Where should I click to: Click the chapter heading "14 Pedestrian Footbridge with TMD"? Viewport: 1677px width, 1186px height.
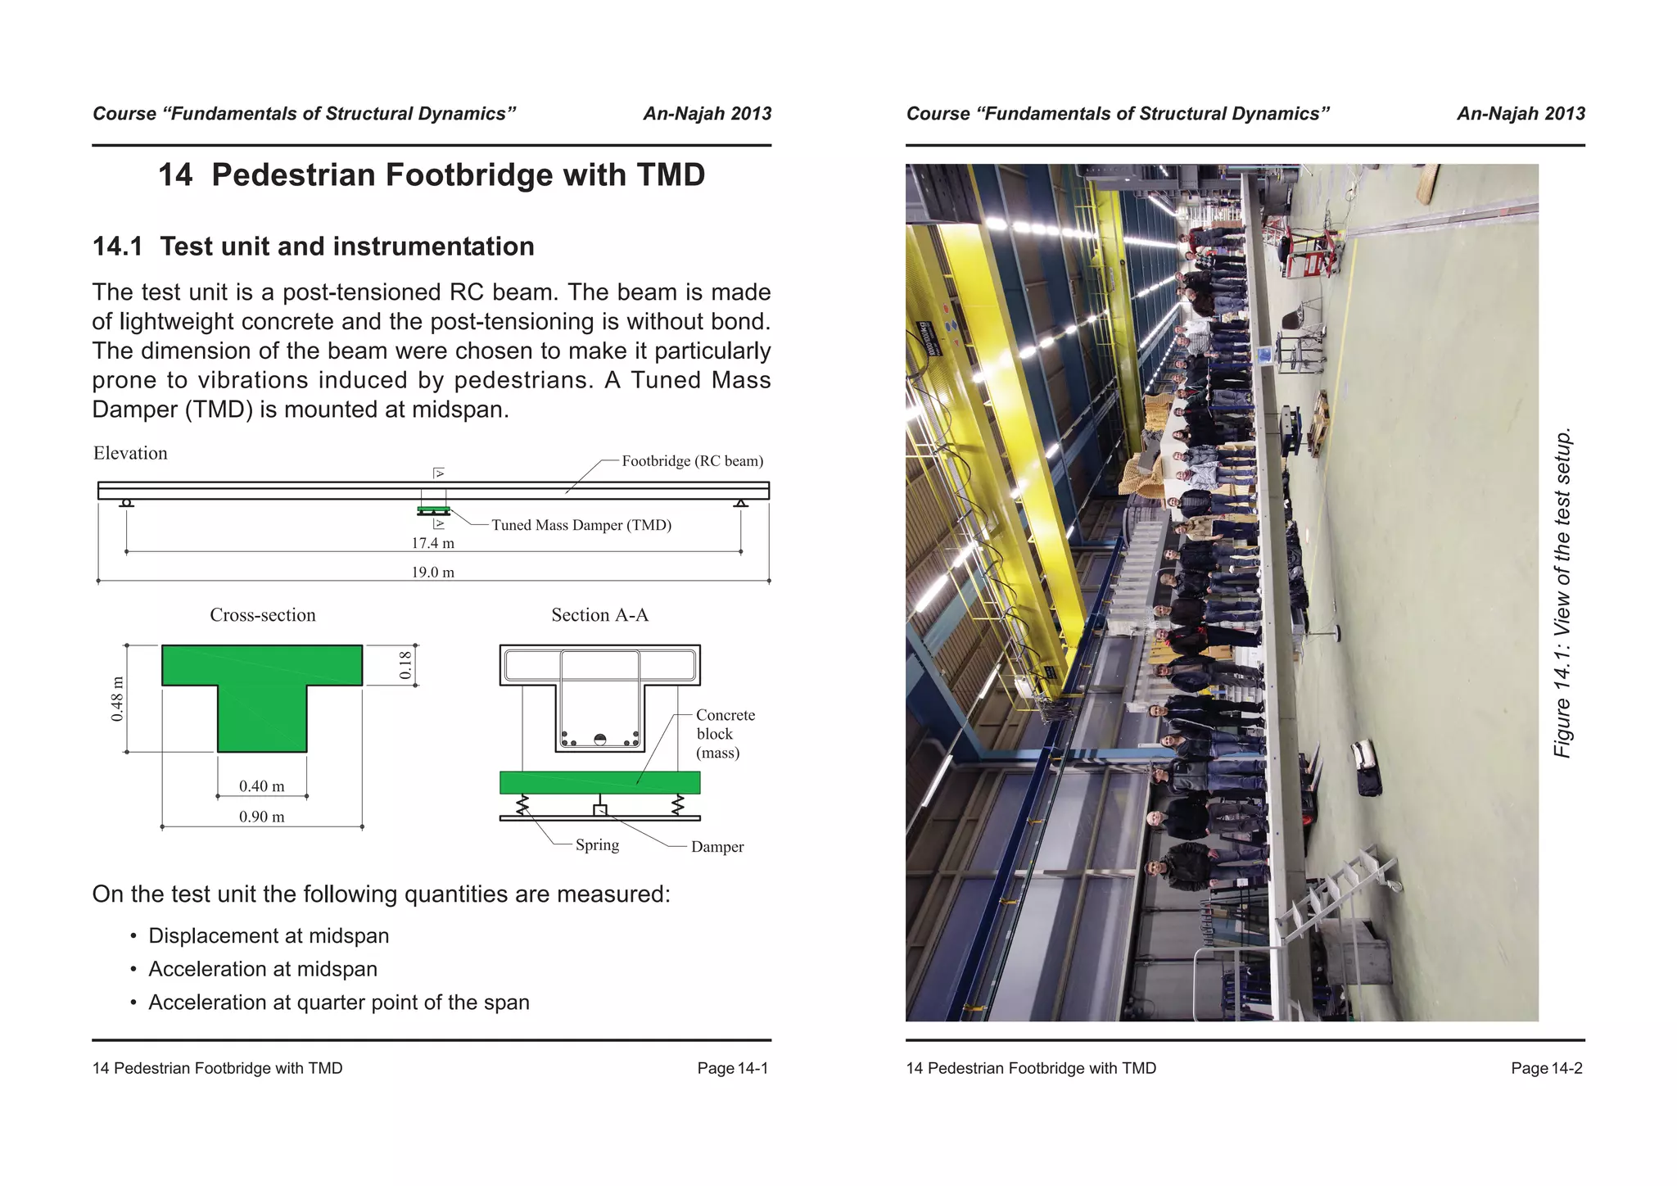click(431, 175)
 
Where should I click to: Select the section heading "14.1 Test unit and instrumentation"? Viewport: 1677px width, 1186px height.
click(313, 247)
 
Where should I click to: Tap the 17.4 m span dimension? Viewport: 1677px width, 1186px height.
click(432, 543)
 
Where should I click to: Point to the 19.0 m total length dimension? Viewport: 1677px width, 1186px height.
click(432, 573)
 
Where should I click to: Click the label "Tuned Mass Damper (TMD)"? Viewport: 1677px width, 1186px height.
click(581, 525)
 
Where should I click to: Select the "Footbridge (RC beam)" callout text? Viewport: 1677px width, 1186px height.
click(692, 461)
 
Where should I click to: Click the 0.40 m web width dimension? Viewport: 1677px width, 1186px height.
click(261, 786)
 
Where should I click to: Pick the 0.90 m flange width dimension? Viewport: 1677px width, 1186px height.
click(261, 817)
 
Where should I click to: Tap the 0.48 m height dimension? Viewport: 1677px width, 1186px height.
click(118, 699)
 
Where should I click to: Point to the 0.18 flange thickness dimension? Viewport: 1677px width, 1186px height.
click(405, 665)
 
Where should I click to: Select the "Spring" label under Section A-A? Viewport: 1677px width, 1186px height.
click(597, 845)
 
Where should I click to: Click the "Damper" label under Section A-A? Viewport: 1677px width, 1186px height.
click(717, 847)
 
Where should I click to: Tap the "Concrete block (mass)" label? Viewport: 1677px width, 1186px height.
click(724, 734)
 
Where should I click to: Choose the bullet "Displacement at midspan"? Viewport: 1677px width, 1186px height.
click(268, 936)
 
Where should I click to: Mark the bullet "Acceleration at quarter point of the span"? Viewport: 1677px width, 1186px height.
click(338, 1003)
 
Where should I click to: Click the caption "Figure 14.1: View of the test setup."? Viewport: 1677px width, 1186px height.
click(1562, 592)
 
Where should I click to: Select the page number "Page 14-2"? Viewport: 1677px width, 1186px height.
click(1546, 1068)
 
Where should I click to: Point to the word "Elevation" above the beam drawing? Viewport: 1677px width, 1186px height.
click(130, 454)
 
